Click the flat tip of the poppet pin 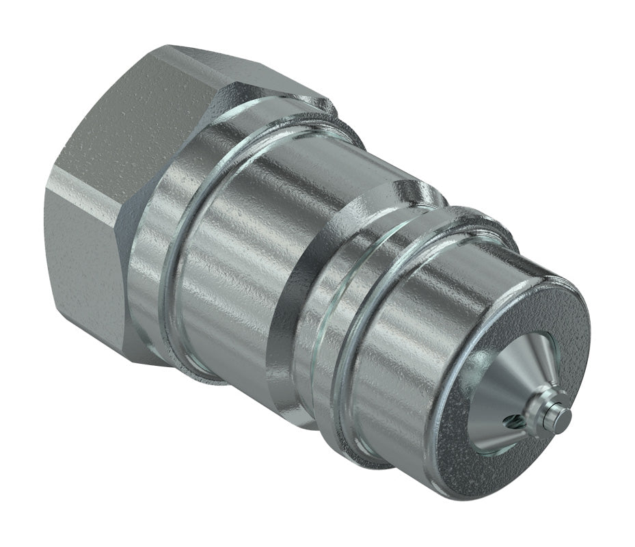(563, 415)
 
